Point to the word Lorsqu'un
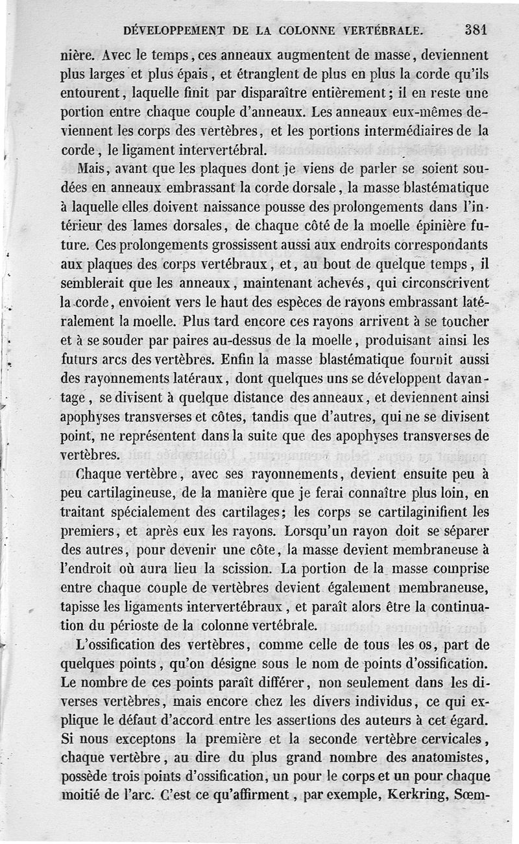[x=317, y=531]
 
